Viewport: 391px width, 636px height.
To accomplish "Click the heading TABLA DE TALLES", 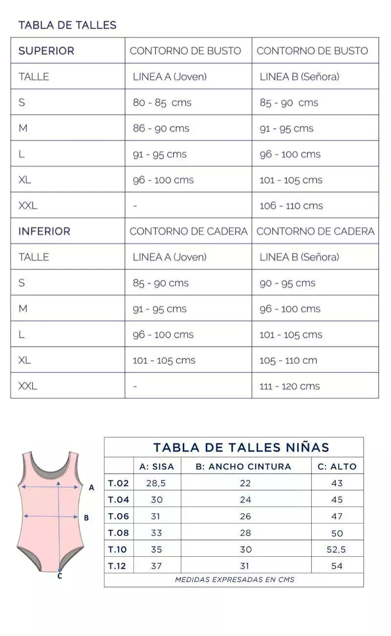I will point(67,25).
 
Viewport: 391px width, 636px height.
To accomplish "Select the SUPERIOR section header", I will point(46,51).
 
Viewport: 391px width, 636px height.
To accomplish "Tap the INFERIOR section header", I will point(44,231).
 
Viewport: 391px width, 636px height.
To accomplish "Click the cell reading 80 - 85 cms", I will point(162,103).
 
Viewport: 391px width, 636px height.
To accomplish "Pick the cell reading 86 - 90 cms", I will point(161,129).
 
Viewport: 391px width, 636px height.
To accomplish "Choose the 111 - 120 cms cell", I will point(289,386).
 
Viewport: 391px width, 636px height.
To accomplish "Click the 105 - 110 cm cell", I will point(288,361).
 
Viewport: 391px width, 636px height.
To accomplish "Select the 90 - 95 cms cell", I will point(287,283).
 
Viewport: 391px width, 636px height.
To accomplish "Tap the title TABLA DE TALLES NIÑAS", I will point(241,447).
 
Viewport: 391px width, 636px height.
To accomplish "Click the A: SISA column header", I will point(156,467).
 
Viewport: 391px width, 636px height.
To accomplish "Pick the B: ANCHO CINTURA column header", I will point(243,467).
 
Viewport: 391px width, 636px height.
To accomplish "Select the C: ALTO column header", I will point(337,467).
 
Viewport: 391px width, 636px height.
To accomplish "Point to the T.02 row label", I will point(118,483).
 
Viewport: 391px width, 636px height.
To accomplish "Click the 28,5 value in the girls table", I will point(156,483).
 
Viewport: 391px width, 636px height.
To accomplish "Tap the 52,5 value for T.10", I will point(336,550).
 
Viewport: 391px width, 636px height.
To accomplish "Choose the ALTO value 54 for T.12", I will point(337,566).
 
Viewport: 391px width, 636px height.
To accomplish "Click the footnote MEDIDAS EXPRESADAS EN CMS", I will point(235,580).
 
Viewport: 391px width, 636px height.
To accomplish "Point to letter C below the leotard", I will point(60,576).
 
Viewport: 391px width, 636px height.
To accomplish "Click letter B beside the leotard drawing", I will point(87,518).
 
